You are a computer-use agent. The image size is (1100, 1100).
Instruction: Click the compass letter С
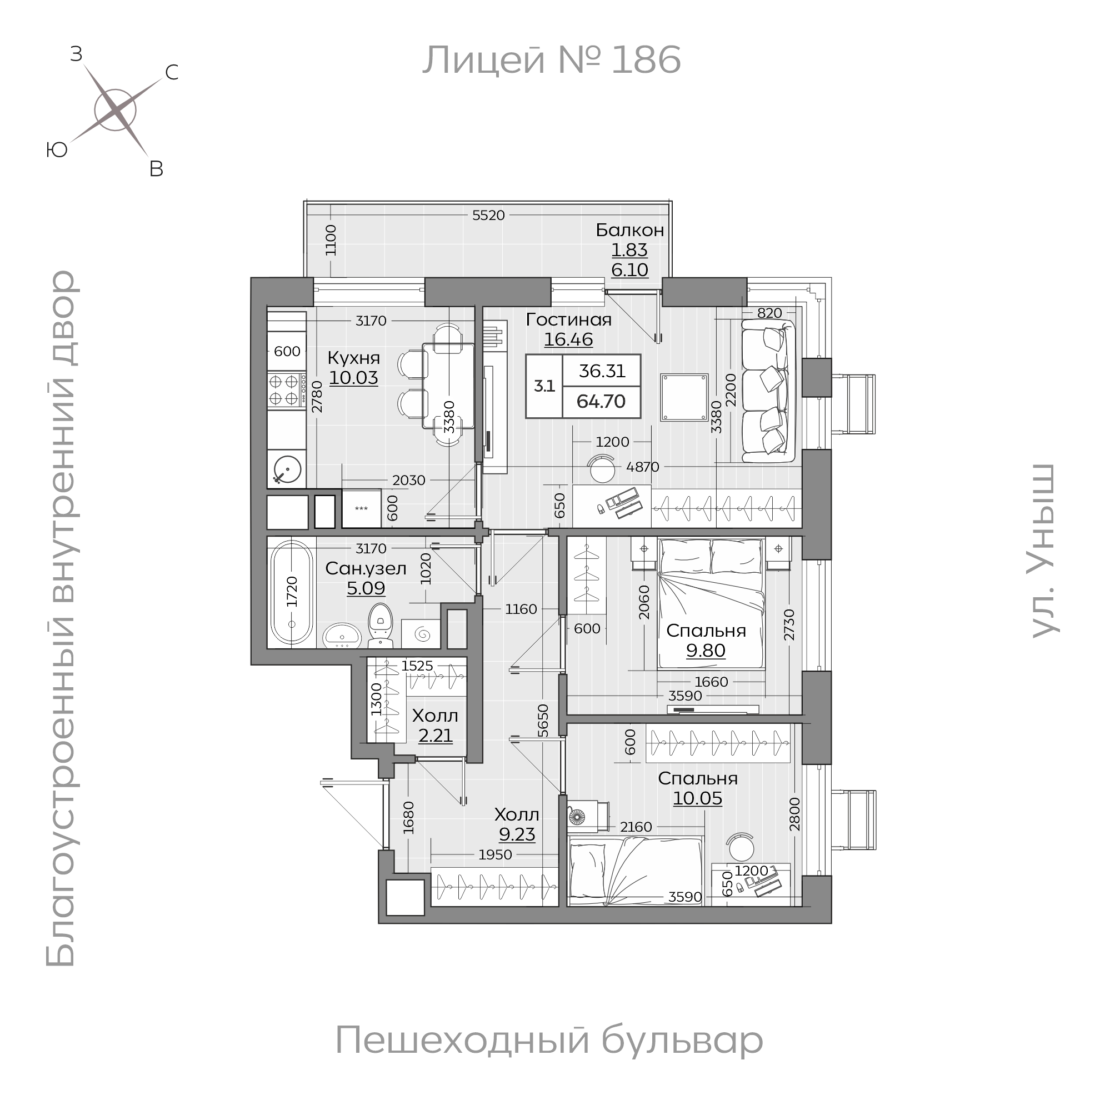[171, 72]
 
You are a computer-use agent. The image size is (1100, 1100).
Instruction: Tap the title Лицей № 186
[551, 61]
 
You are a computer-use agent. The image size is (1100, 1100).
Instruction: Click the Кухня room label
[353, 358]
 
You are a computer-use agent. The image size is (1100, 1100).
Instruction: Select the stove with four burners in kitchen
[284, 389]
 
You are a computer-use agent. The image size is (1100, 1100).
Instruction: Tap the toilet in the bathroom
[380, 624]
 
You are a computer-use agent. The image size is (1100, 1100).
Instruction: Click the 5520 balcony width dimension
[488, 215]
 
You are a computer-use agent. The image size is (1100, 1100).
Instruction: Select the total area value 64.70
[601, 402]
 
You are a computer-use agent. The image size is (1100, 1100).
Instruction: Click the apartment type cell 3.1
[544, 386]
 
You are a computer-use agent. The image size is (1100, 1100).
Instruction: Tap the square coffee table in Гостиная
[684, 397]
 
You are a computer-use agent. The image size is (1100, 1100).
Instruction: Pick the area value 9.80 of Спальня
[706, 650]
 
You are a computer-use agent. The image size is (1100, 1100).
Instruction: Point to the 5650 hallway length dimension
[543, 721]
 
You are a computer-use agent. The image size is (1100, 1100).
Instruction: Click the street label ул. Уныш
[1044, 551]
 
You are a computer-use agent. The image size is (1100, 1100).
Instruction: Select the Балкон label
[629, 230]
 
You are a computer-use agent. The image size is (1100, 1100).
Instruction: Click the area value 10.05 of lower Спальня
[697, 798]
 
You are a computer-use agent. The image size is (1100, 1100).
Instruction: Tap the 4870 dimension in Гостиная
[642, 467]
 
